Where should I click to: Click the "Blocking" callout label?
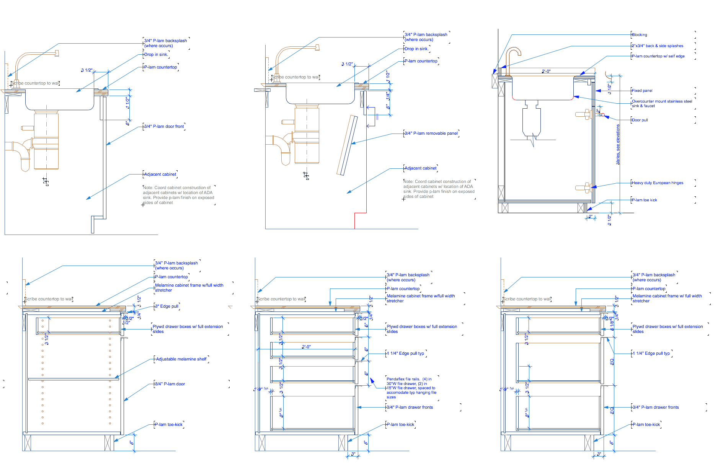point(639,35)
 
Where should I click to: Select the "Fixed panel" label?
point(642,91)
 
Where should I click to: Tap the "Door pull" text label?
point(640,120)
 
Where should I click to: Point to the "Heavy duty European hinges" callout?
point(657,183)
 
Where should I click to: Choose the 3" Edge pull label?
point(166,306)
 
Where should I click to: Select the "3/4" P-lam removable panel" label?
point(431,134)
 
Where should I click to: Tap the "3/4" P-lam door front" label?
point(164,127)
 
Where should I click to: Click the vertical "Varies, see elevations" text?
point(618,144)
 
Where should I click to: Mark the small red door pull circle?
point(603,115)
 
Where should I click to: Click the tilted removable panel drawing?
point(347,145)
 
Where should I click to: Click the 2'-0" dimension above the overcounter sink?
point(546,72)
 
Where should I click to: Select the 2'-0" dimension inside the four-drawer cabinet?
point(306,347)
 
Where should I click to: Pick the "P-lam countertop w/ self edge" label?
point(658,56)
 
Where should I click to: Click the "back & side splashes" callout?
point(657,46)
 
